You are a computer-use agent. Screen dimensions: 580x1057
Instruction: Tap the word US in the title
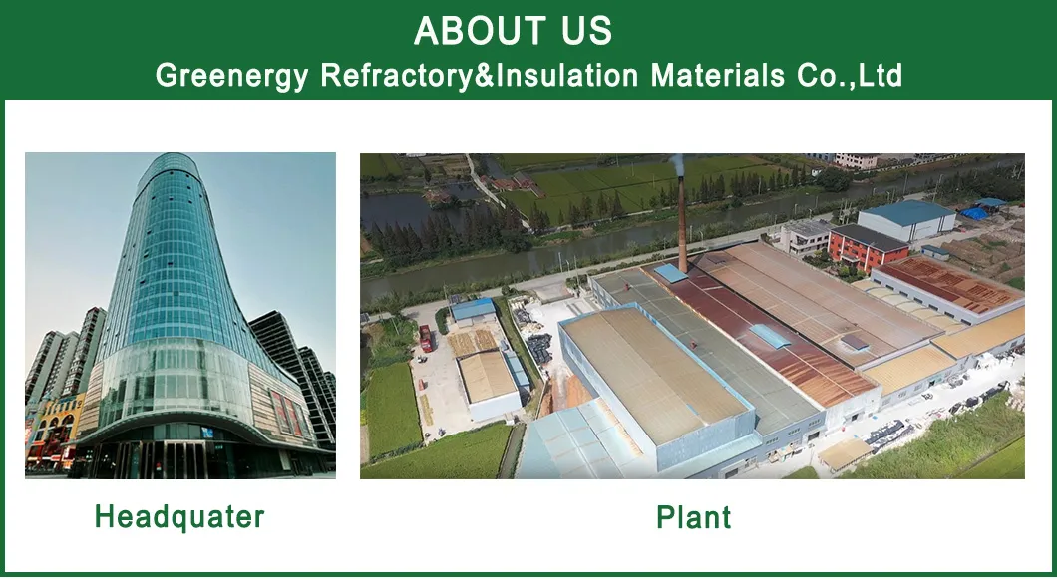click(585, 31)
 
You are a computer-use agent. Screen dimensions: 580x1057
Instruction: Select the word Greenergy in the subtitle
click(232, 76)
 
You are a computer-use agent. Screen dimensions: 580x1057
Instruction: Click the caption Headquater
click(179, 516)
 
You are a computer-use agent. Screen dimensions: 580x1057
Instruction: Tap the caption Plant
click(693, 517)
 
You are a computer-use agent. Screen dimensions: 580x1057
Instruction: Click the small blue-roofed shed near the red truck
click(473, 311)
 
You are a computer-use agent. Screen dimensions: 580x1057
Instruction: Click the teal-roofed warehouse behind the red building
click(905, 219)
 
